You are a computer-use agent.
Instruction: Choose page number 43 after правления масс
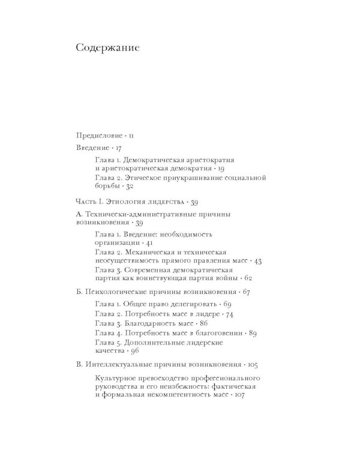click(x=257, y=261)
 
